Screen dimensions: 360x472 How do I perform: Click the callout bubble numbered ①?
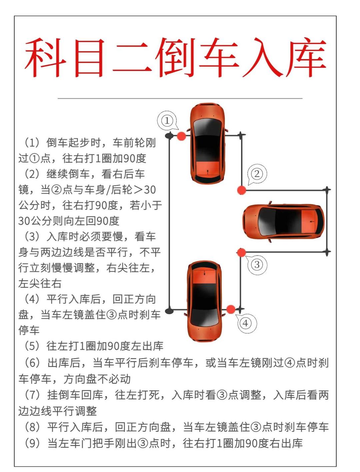tap(167, 121)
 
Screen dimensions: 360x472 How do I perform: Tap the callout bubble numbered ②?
tap(257, 174)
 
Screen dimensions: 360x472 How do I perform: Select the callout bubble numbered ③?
tap(257, 264)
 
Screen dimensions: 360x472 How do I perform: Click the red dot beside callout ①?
tap(181, 136)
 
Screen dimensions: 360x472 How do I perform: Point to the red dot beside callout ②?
tap(241, 190)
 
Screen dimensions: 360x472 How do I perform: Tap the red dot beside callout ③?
tap(241, 252)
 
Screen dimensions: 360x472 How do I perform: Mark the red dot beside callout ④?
tap(231, 309)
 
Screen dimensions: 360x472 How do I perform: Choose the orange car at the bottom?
tap(204, 301)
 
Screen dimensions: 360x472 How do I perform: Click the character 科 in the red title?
tap(46, 58)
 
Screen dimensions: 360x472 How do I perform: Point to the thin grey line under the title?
tap(180, 99)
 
